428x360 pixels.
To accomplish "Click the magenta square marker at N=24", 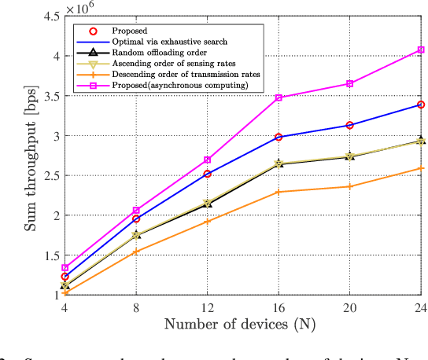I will coord(421,50).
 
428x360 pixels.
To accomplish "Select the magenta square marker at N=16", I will coord(279,97).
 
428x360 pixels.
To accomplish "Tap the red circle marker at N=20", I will coord(350,125).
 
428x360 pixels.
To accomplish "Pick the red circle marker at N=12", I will coord(208,174).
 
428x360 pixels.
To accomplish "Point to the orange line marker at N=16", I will coord(279,192).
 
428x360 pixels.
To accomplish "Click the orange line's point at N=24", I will coord(421,168).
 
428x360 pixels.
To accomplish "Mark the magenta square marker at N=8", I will coord(137,211).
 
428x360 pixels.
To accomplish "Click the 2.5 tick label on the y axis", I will coord(52,175).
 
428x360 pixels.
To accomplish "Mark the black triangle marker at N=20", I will coord(350,156).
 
